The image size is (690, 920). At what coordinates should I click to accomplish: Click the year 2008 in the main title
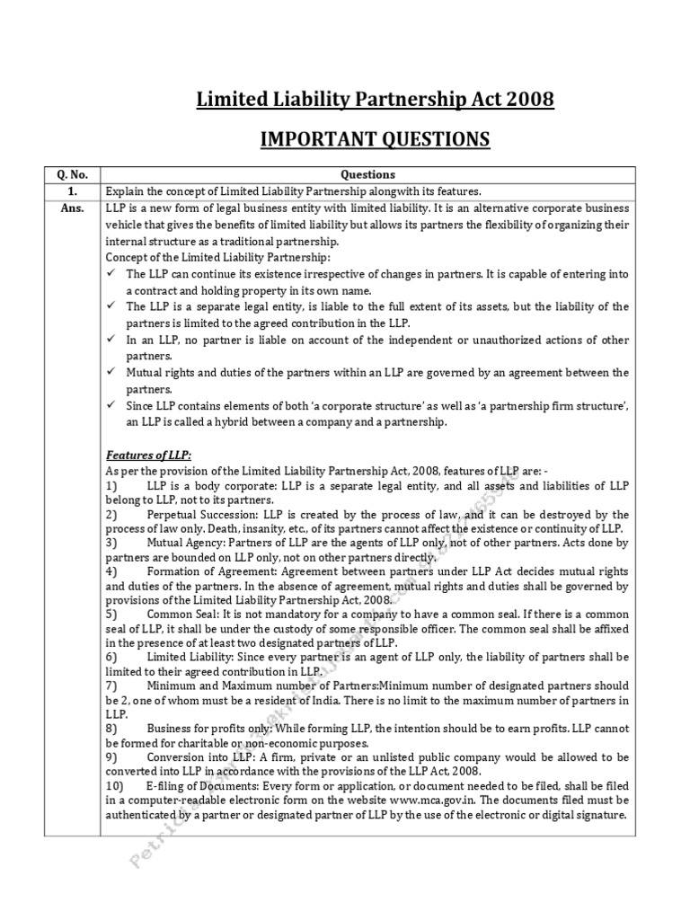click(528, 99)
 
